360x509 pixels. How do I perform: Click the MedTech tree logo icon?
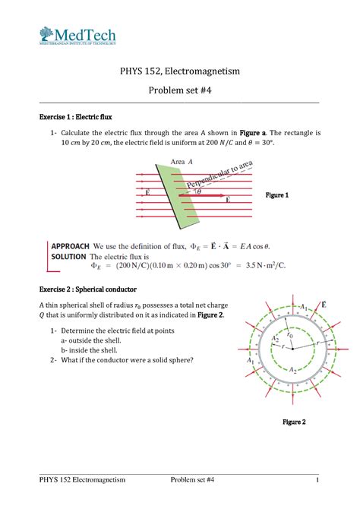(x=46, y=35)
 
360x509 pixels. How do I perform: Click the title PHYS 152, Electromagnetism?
(x=179, y=71)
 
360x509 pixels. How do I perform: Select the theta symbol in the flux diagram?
(x=199, y=191)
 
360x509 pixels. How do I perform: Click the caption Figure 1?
(x=276, y=195)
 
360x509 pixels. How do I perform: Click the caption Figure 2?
(x=294, y=422)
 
